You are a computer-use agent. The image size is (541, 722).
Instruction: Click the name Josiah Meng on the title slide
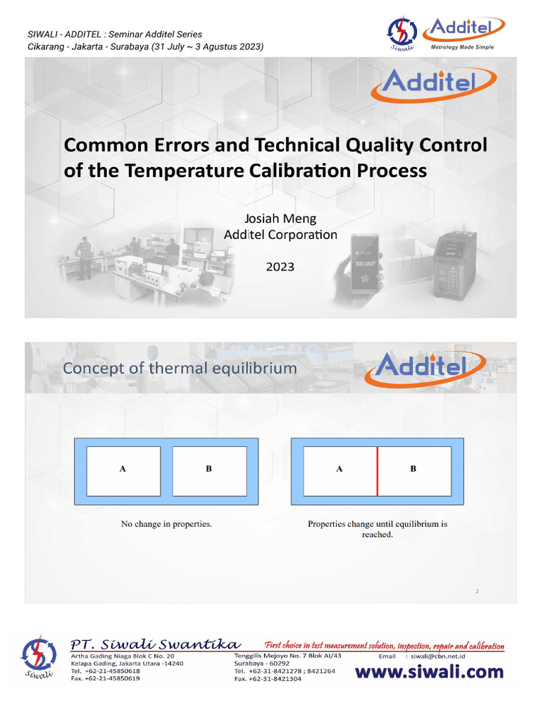(x=280, y=219)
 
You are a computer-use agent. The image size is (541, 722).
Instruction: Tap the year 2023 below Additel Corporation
(x=280, y=267)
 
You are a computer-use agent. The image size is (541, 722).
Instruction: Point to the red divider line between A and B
(x=377, y=471)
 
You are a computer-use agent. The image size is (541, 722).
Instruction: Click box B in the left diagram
(x=209, y=471)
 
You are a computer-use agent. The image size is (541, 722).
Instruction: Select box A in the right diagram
(x=340, y=471)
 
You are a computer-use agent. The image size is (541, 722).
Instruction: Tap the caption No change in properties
(x=166, y=524)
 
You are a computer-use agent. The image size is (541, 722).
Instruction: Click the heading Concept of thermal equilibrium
(x=180, y=369)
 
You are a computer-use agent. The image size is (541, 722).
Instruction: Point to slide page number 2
(x=477, y=592)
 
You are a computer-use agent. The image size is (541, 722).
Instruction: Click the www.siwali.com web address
(x=429, y=672)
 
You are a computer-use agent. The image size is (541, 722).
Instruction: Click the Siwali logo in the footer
(x=39, y=658)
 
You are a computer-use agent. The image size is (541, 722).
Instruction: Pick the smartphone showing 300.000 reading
(x=364, y=262)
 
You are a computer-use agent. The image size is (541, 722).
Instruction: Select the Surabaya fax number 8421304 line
(x=268, y=679)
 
